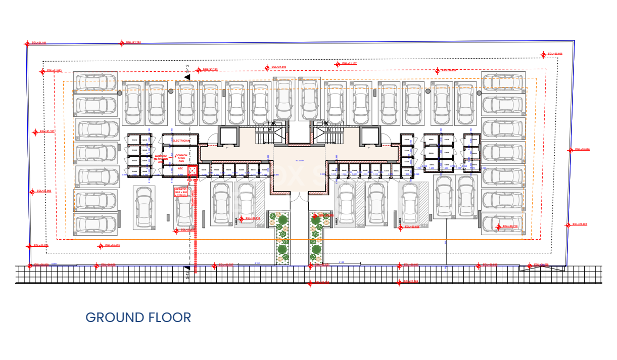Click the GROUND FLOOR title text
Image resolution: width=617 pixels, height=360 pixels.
coord(138,318)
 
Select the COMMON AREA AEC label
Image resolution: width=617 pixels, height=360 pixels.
coord(181,158)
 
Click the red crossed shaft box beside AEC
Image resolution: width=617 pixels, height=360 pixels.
coord(192,171)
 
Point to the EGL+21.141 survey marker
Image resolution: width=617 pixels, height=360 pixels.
coord(27,44)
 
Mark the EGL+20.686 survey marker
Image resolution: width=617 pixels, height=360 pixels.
coord(544,54)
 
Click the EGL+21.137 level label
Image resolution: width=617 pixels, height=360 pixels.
coord(349,64)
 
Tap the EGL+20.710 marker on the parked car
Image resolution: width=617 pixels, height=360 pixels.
coord(498,227)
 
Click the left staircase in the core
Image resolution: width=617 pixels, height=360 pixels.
coord(264,136)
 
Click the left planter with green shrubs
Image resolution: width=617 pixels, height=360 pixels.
coord(281,238)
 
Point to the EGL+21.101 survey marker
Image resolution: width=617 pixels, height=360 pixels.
coord(35,132)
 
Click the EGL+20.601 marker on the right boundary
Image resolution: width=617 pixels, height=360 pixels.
coord(568,224)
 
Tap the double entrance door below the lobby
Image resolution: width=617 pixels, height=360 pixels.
coord(299,196)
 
